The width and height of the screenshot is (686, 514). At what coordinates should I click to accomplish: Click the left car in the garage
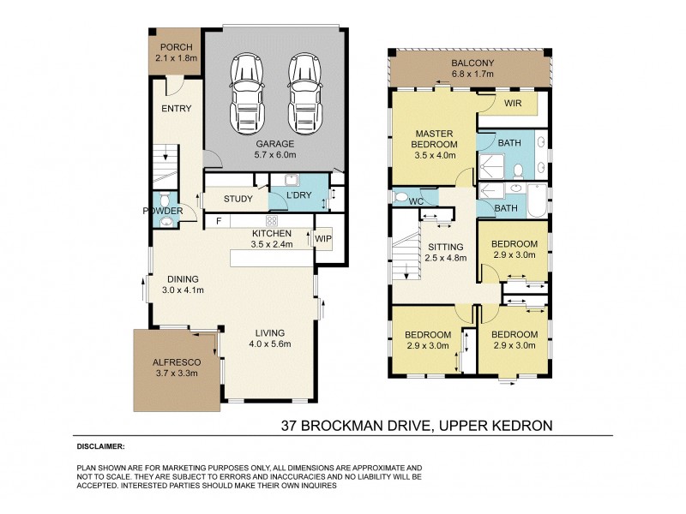pos(248,91)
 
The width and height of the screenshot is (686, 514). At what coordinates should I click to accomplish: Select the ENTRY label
pos(177,109)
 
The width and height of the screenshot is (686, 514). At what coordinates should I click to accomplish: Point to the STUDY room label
pos(238,200)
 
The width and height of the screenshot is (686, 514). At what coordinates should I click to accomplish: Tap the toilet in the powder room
pos(167,223)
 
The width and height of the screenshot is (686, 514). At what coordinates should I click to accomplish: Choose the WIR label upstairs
pos(514,103)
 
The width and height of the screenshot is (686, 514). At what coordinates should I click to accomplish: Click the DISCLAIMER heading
pos(99,447)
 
